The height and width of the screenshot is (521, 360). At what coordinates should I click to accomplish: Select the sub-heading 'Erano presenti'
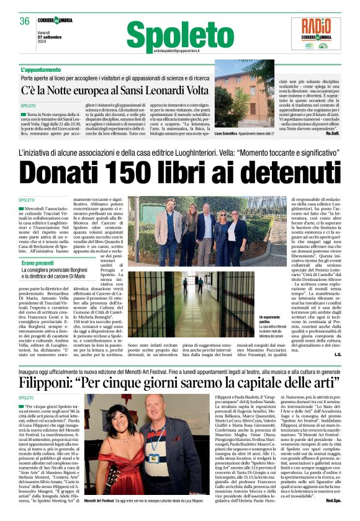point(38,263)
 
